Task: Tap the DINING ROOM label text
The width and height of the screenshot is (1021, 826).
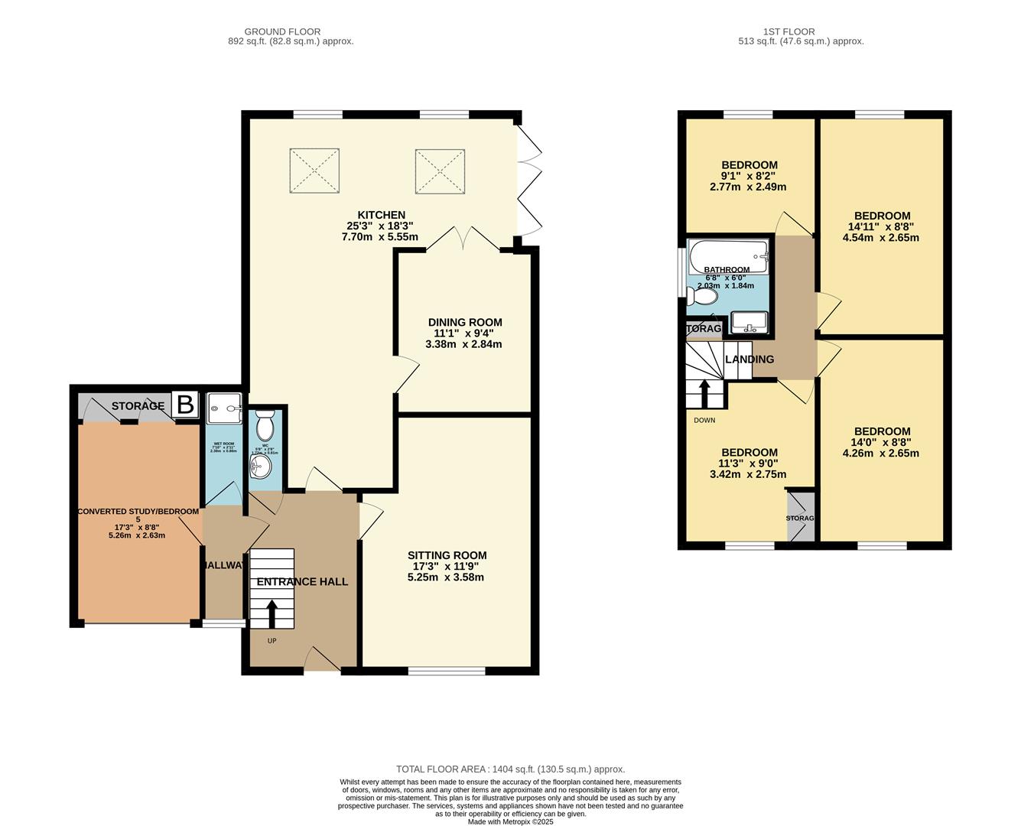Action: tap(464, 322)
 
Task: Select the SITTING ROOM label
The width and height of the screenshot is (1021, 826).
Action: tap(447, 555)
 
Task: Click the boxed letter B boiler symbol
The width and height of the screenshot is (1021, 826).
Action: tap(185, 404)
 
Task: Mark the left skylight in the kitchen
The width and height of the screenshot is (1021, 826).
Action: tap(314, 171)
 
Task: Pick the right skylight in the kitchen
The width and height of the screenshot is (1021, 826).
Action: tap(440, 171)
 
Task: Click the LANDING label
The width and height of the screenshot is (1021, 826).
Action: tap(749, 359)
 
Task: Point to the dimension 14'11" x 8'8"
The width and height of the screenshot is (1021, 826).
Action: tap(882, 226)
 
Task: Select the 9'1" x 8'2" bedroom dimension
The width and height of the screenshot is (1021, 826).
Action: tap(749, 176)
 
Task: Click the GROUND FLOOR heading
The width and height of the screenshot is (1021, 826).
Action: tap(282, 31)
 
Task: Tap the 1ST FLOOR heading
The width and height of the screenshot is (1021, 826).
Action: tap(789, 31)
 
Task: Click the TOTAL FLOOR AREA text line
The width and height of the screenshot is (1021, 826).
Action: tap(510, 769)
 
